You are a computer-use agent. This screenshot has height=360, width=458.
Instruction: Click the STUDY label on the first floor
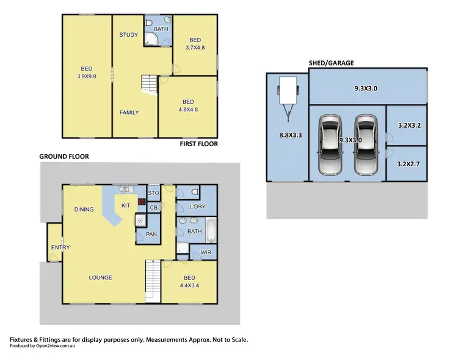[x=128, y=35]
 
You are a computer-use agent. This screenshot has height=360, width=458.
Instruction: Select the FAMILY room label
[x=128, y=112]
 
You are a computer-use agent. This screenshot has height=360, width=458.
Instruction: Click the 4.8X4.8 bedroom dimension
[x=187, y=110]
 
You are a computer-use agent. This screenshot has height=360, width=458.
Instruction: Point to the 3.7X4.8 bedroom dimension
[x=195, y=46]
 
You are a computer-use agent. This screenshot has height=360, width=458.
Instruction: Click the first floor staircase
[x=150, y=84]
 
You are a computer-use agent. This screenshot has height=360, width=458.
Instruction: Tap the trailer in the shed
[x=286, y=95]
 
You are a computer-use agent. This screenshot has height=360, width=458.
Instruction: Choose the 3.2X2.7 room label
[x=409, y=164]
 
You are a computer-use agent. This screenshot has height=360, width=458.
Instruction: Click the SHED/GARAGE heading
[x=331, y=63]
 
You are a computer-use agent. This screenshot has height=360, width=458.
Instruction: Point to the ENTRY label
[x=60, y=247]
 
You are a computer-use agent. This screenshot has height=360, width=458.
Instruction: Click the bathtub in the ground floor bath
[x=211, y=230]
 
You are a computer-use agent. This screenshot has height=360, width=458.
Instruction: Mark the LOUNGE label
[x=100, y=277]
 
